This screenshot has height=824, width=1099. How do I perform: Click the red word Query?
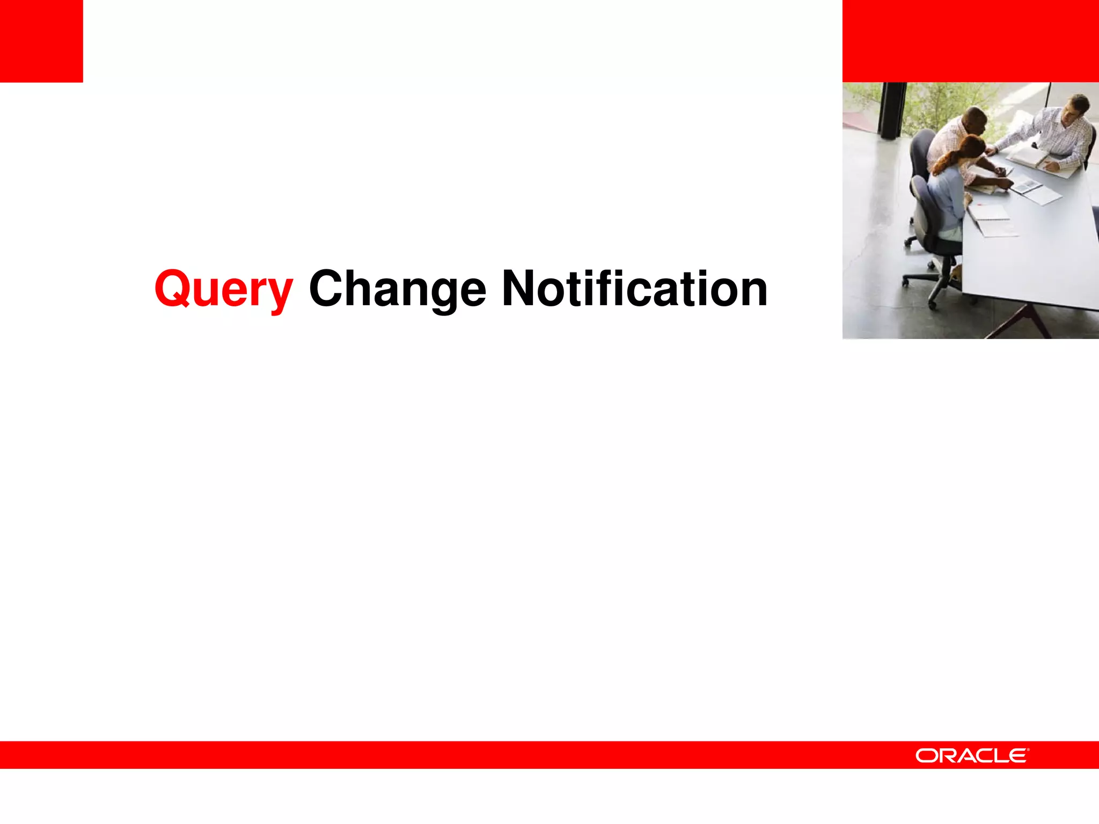coord(223,290)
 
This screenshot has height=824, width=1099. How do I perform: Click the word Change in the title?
coord(397,290)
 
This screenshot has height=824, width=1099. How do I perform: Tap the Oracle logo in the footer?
coord(972,756)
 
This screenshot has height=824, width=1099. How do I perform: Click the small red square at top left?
coord(41,41)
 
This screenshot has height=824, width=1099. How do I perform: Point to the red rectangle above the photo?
coord(970,41)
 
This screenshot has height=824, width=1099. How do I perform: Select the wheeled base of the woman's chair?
coord(934,282)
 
